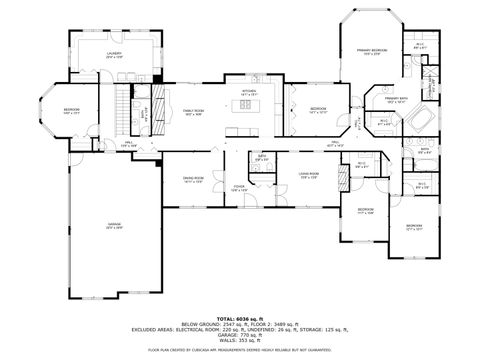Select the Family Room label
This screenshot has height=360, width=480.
click(x=193, y=112)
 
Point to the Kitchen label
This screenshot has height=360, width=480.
click(x=248, y=92)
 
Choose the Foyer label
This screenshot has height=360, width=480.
click(x=240, y=188)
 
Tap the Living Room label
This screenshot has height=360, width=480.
click(x=309, y=176)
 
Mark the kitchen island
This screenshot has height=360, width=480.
click(x=246, y=133)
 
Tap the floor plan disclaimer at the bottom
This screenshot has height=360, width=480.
click(x=240, y=350)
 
